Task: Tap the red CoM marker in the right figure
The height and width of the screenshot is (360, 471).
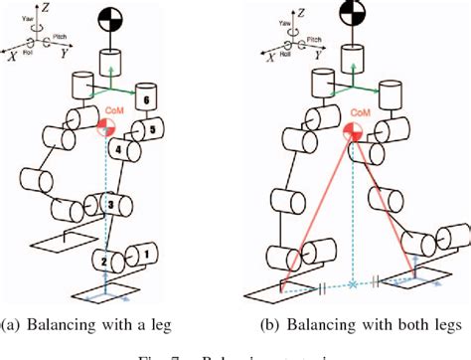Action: [x=352, y=133]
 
